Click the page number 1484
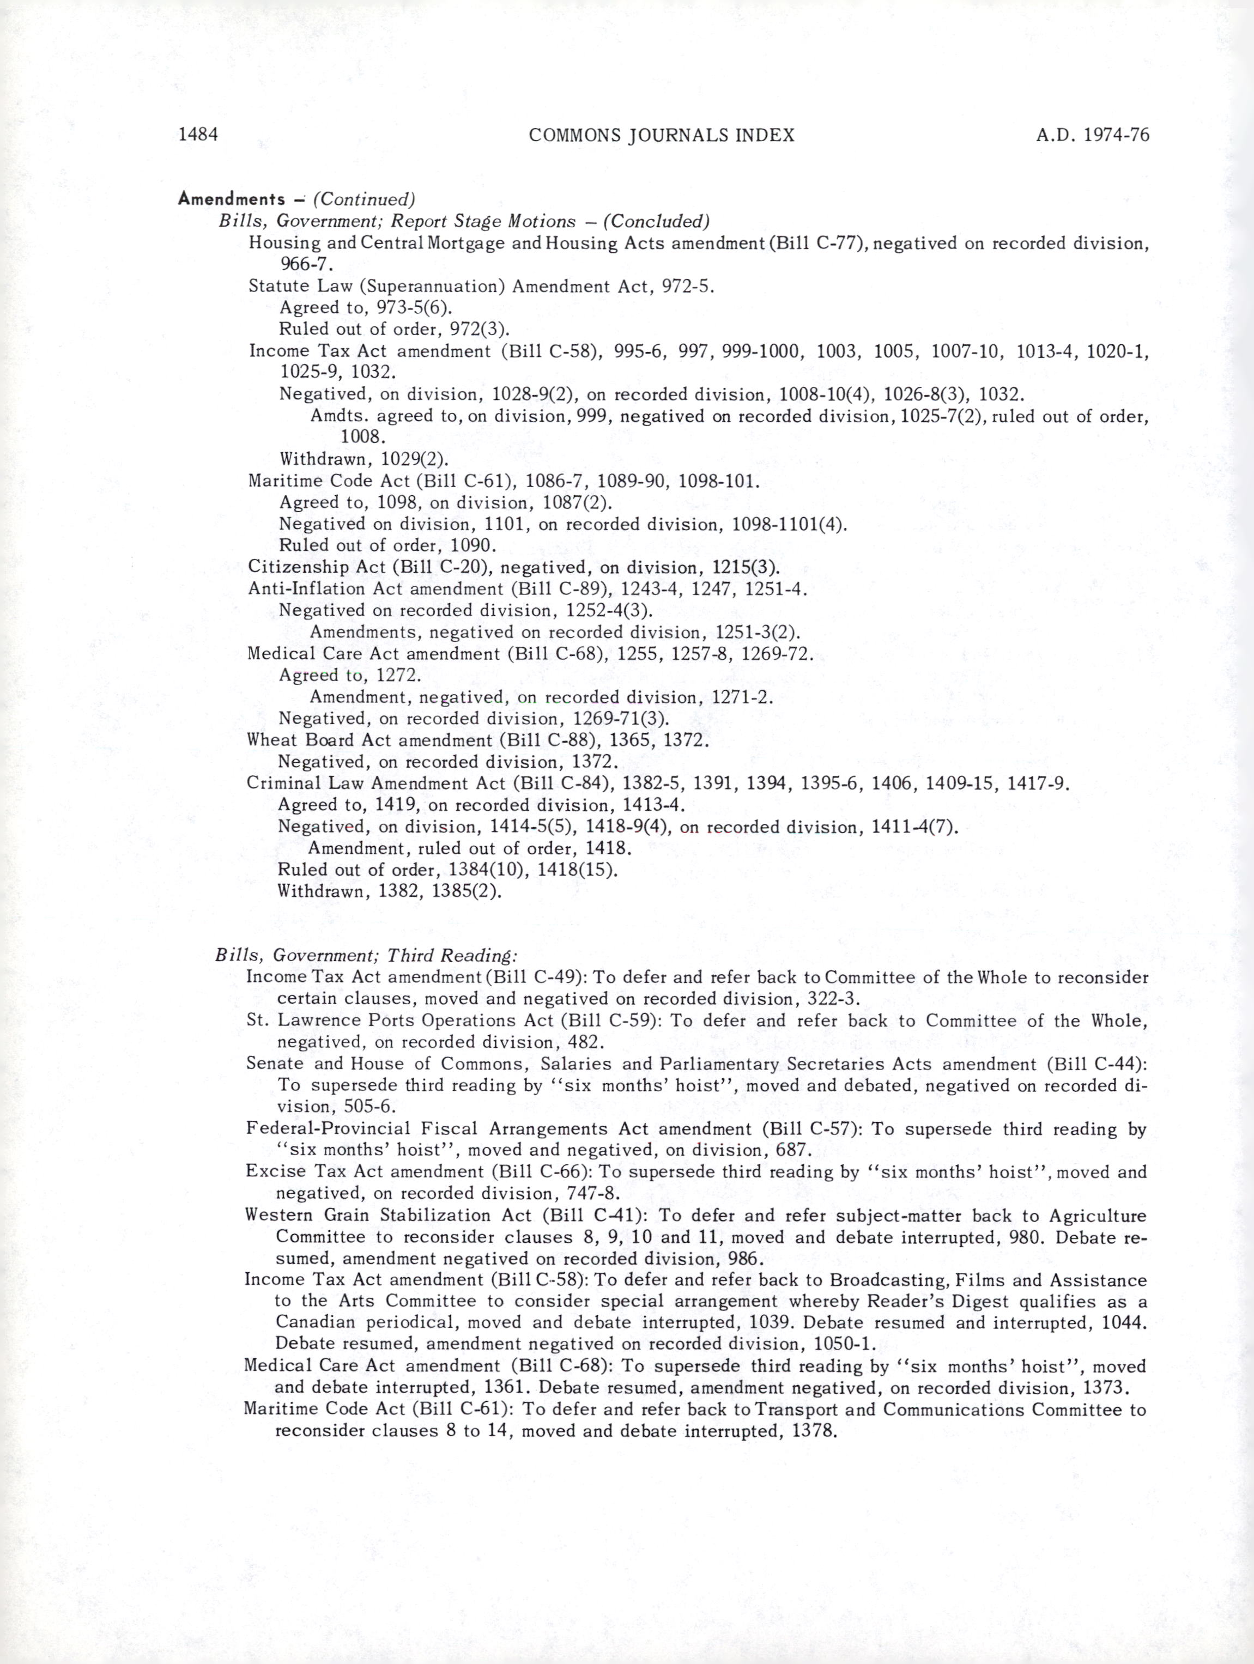click(x=198, y=135)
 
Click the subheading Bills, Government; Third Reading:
click(x=366, y=955)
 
